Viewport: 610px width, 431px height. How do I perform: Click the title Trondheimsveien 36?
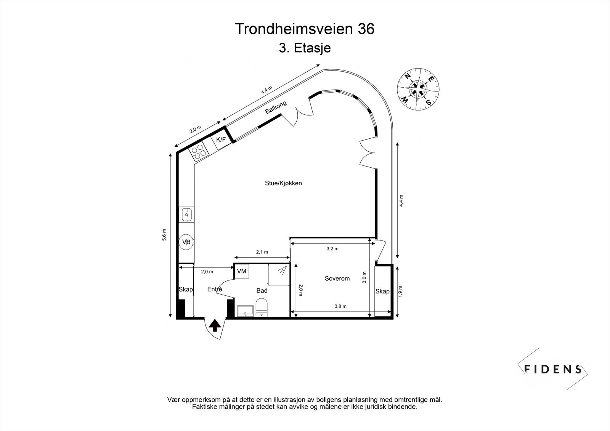click(305, 29)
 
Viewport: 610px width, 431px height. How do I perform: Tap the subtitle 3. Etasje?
click(305, 48)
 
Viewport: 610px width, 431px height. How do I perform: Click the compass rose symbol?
click(418, 90)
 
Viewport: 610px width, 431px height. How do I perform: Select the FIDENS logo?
click(552, 369)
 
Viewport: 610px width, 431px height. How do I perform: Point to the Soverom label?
click(337, 279)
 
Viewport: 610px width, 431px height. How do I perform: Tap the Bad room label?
click(262, 290)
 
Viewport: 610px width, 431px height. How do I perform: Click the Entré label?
click(215, 289)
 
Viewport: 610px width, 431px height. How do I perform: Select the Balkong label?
click(276, 108)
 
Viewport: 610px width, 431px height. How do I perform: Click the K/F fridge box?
click(221, 140)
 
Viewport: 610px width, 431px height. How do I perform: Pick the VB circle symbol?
click(186, 242)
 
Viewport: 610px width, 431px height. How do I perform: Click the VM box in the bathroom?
click(241, 271)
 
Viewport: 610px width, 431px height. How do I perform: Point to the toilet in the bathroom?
click(262, 308)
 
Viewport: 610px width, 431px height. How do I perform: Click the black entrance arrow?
click(215, 325)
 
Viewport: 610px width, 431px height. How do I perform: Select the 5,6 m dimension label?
click(165, 235)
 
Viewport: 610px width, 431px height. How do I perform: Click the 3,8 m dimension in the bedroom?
click(340, 306)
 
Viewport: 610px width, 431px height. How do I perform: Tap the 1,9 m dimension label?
click(400, 291)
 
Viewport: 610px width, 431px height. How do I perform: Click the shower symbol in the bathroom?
click(281, 271)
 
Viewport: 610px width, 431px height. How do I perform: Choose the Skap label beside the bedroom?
click(382, 291)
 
